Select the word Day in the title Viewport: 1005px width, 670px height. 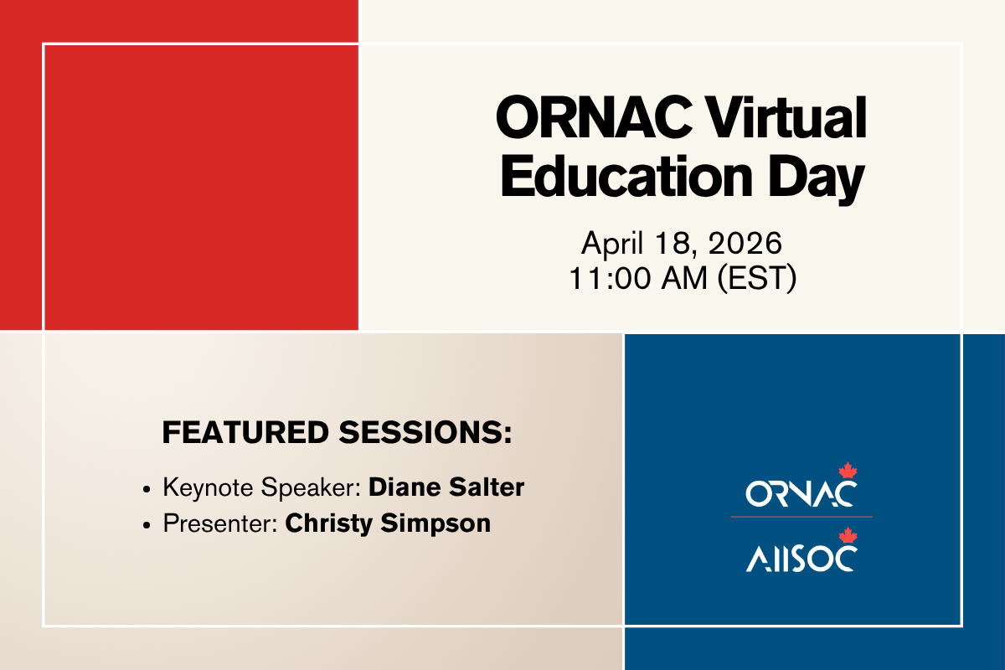tap(817, 178)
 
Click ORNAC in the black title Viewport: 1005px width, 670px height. tap(594, 117)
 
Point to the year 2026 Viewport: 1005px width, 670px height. tap(745, 243)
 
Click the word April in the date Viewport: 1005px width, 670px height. tap(612, 245)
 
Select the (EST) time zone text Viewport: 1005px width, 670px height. tap(757, 279)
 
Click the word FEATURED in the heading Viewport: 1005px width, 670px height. tap(245, 432)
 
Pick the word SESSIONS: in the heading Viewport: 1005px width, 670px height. tap(425, 432)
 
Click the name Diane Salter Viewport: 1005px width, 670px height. tap(446, 487)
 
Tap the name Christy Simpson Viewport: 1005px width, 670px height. tap(388, 523)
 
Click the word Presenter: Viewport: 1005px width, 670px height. tap(220, 523)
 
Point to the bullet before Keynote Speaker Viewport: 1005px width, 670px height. tap(147, 490)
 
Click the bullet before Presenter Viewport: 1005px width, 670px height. tap(147, 525)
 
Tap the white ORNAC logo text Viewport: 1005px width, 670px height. tap(801, 493)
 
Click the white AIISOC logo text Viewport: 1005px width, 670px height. tap(801, 559)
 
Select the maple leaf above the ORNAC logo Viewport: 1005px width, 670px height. tap(848, 471)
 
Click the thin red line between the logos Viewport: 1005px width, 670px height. tap(801, 517)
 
